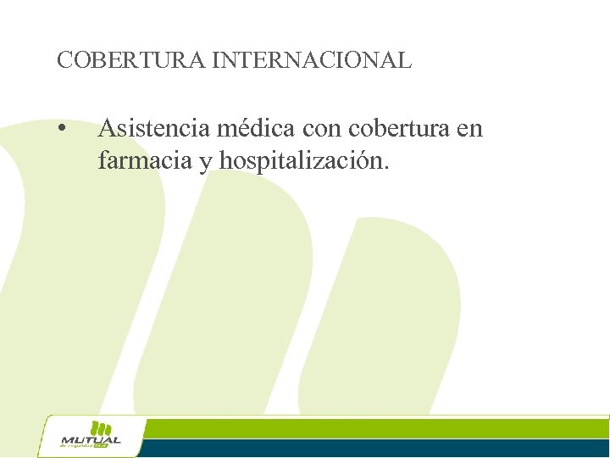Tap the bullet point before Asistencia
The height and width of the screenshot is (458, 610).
[x=62, y=130]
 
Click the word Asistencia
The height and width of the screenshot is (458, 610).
[x=153, y=128]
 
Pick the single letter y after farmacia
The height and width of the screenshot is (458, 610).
[x=205, y=162]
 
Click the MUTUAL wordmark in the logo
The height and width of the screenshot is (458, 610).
[x=91, y=440]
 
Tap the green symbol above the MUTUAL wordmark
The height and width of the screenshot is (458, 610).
[x=101, y=427]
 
